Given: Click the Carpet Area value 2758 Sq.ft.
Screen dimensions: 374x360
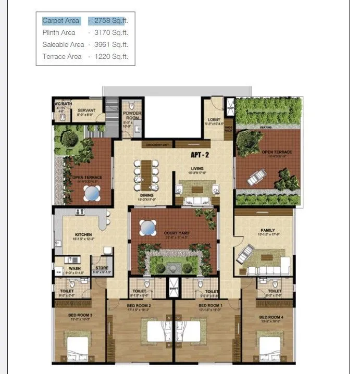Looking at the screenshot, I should [111, 21].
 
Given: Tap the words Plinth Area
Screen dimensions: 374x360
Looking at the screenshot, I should [59, 33].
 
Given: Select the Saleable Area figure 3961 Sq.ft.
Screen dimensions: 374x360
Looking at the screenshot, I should [111, 45].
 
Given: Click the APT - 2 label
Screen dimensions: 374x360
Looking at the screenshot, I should [200, 155].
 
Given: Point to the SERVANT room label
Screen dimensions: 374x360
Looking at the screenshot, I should [86, 110].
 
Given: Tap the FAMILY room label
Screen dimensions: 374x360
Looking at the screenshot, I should [268, 230].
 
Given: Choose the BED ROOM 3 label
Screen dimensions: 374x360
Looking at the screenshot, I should [80, 315].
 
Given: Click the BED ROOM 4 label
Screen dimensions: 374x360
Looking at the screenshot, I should [271, 317].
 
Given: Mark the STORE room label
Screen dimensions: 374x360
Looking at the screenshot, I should [102, 268].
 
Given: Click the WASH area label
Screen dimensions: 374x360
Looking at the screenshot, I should [75, 269].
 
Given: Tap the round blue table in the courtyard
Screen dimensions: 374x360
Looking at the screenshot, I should [147, 228].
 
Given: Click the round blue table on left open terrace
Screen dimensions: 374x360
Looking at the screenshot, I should [92, 193].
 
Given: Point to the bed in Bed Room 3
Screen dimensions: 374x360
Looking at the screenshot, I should [79, 346].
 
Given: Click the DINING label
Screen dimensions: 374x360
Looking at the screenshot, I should [146, 195].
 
